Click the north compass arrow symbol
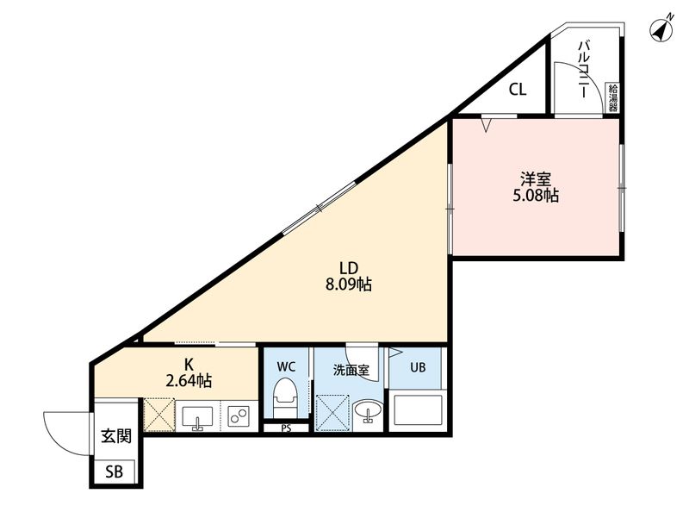click(661, 30)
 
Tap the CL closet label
click(517, 88)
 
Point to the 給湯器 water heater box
click(613, 97)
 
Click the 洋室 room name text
click(536, 179)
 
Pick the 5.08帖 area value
click(536, 197)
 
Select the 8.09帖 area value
click(346, 284)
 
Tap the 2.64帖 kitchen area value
click(189, 380)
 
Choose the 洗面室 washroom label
click(351, 369)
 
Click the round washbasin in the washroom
click(369, 413)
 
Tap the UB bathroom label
click(418, 367)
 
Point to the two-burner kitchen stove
click(239, 416)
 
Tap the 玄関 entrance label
click(116, 436)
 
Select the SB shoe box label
click(115, 472)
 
